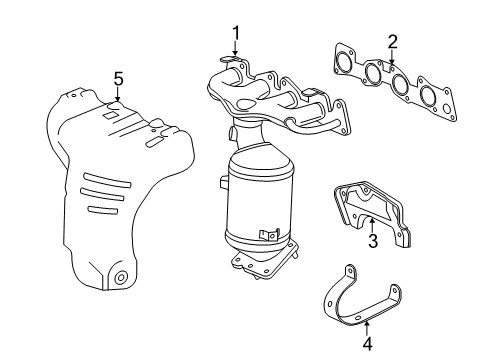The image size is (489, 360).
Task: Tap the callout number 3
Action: pos(371,240)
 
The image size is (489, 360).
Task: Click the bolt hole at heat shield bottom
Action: pos(120,277)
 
